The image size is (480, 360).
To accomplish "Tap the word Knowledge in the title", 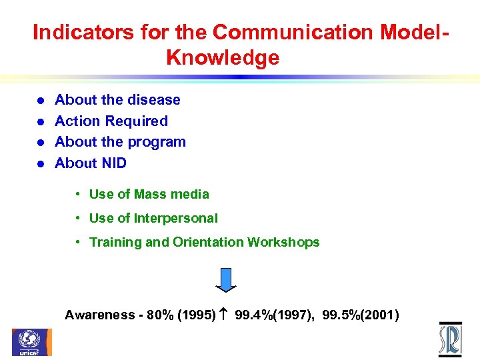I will point(223,58).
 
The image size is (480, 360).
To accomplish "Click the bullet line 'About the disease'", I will point(117,100).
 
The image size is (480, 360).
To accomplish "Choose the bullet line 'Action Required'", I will point(111,121).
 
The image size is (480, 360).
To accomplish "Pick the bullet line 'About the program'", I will point(120,142).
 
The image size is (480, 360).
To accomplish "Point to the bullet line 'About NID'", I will point(91,163).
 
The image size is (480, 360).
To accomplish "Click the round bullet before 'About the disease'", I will point(40,101).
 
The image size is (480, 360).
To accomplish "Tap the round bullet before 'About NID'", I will point(40,164).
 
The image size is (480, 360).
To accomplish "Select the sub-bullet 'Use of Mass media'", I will point(149,195).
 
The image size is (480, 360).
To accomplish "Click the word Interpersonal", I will point(176,219).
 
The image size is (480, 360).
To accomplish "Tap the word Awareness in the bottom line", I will point(99,315).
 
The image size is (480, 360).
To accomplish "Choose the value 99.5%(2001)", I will point(361,315).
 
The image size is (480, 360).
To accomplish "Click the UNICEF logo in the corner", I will point(31,341).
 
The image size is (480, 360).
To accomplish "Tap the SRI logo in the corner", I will point(450,339).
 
